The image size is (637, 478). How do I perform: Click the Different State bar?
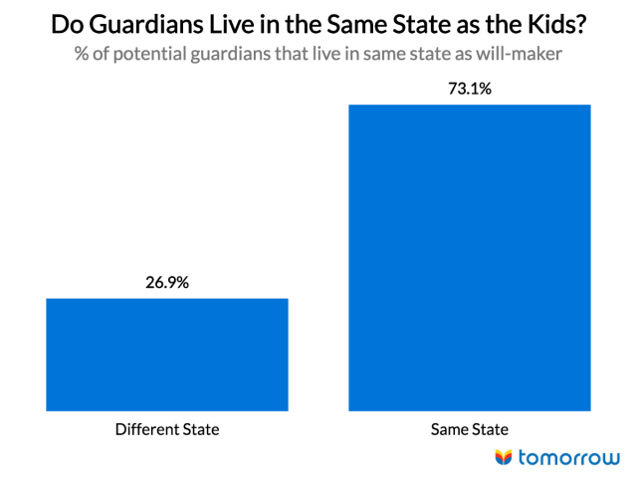click(167, 354)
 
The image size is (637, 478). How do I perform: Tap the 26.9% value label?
click(167, 282)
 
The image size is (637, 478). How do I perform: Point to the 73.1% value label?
click(470, 89)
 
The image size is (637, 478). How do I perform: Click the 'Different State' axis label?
click(167, 430)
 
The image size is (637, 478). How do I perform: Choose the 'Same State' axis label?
click(470, 430)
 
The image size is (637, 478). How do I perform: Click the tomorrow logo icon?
click(505, 457)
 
